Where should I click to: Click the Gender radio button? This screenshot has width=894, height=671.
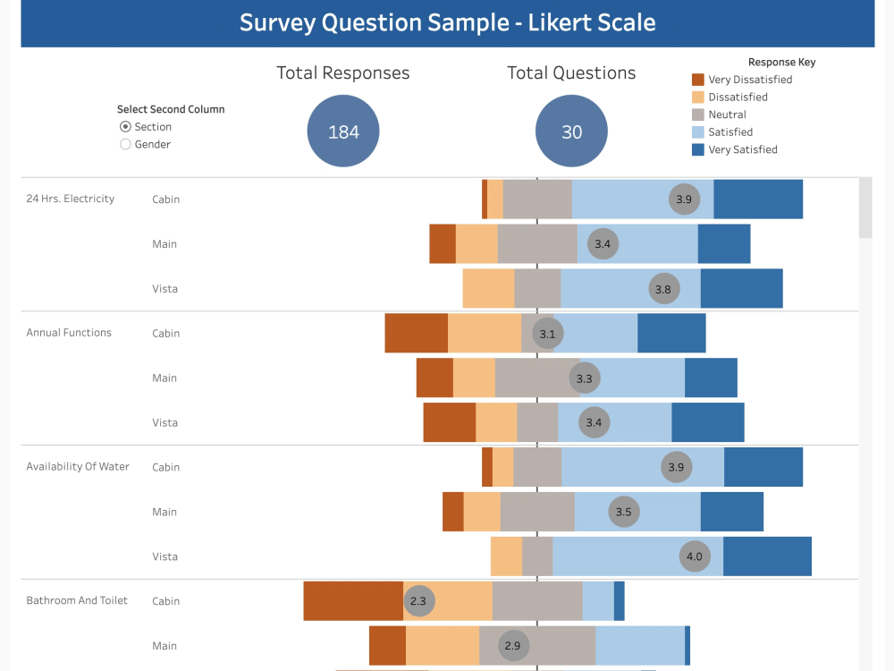(125, 144)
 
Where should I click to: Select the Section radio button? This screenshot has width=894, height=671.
(125, 127)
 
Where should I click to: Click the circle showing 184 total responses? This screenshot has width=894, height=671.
(343, 132)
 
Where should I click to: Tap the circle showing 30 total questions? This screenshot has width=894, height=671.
(571, 132)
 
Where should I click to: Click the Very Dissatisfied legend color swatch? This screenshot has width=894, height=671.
(698, 80)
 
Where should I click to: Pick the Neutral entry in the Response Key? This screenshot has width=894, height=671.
(727, 115)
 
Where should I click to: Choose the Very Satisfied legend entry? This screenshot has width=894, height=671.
(742, 149)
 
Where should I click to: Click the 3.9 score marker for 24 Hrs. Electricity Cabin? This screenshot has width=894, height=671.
(684, 200)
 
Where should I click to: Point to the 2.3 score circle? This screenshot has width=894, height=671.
(418, 601)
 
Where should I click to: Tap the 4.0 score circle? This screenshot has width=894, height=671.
(694, 556)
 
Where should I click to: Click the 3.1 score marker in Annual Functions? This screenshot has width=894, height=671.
(547, 334)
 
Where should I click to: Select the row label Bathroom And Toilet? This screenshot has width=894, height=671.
(77, 600)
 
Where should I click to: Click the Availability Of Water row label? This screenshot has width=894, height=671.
(78, 466)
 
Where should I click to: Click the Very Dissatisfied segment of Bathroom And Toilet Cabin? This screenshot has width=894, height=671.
(353, 601)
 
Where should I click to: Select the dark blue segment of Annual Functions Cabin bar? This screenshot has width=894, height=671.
(671, 333)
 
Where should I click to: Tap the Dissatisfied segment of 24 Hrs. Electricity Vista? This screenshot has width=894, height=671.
(488, 288)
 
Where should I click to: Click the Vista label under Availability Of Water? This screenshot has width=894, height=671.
(164, 556)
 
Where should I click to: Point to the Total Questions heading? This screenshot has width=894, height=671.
(571, 73)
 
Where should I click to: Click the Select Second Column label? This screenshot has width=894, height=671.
(171, 109)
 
